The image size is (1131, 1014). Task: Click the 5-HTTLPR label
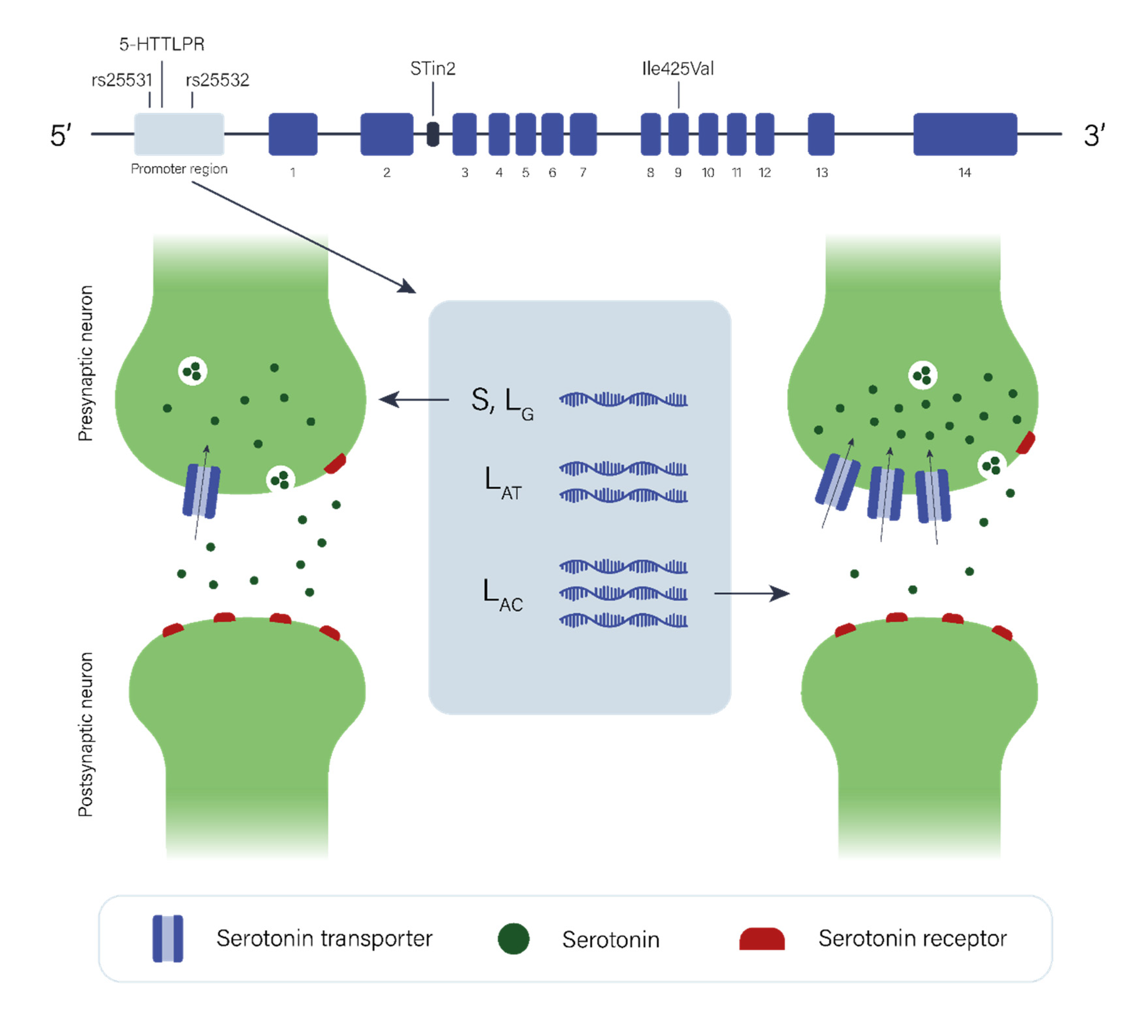(x=162, y=44)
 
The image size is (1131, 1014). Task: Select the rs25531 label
(x=121, y=80)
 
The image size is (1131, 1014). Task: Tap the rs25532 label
(x=217, y=80)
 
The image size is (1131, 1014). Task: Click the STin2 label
(x=433, y=69)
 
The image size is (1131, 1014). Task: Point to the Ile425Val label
(x=678, y=69)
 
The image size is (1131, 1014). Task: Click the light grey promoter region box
(x=179, y=134)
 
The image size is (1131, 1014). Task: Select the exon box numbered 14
(x=965, y=134)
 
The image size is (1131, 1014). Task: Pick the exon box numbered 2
(x=387, y=134)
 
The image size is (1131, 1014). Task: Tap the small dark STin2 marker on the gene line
(x=433, y=134)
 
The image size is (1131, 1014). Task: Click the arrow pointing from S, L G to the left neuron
(x=414, y=399)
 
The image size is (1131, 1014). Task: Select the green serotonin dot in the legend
(x=513, y=939)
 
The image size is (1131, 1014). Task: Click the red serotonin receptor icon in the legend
(x=762, y=939)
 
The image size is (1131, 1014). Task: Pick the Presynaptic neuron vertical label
(x=85, y=363)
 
